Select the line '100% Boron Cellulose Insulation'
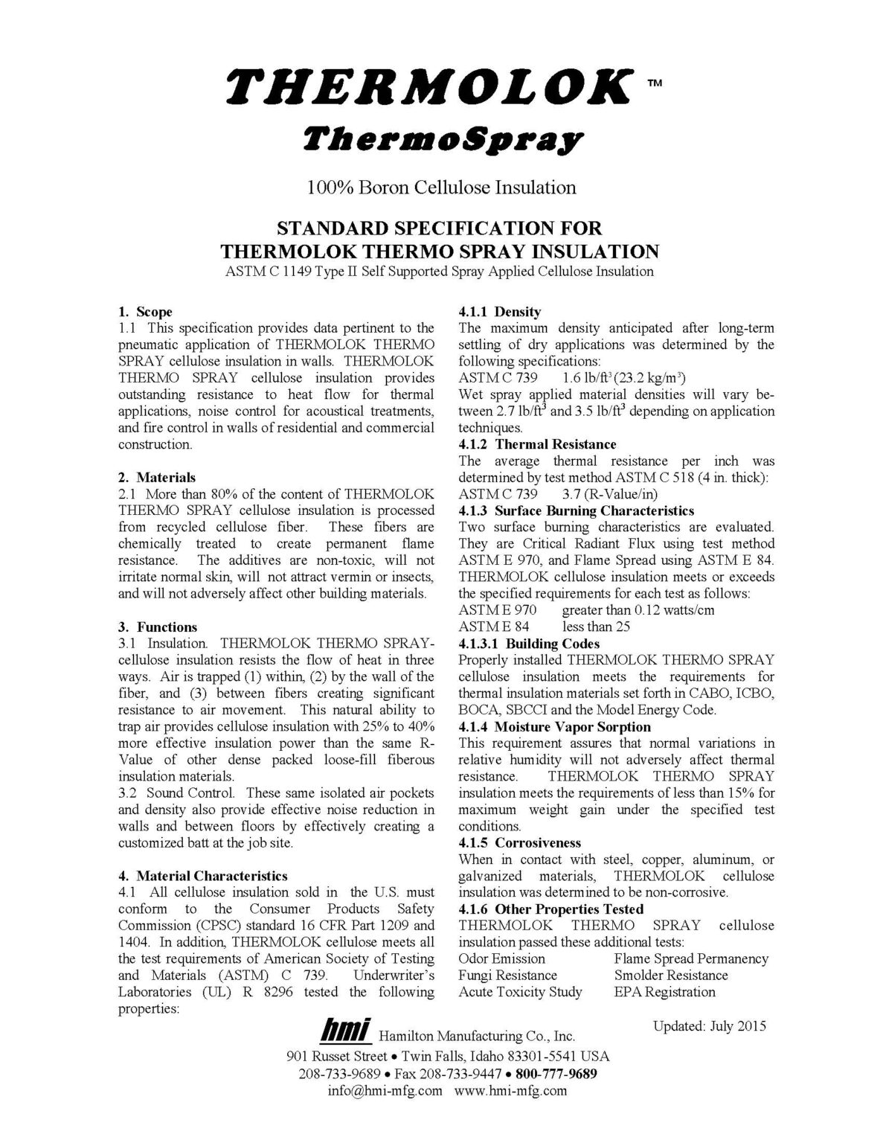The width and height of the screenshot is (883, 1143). tap(441, 187)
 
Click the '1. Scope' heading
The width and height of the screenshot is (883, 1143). tap(145, 312)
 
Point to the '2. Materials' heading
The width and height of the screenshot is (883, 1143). tap(157, 478)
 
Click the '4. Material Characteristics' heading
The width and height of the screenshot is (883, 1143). tap(202, 876)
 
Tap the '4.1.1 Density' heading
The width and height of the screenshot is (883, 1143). tap(499, 312)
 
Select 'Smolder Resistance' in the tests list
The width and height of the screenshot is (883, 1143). tap(671, 976)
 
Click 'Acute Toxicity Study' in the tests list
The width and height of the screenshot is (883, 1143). tap(520, 992)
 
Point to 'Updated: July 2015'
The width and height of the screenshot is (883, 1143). tap(709, 1026)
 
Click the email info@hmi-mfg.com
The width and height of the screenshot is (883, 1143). tap(385, 1091)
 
